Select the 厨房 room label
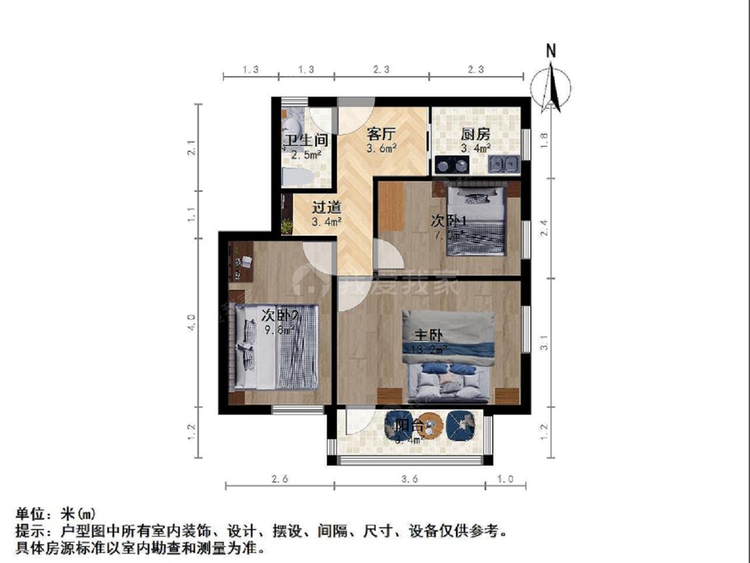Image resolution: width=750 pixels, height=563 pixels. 476,133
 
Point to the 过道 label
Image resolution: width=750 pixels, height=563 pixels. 327,207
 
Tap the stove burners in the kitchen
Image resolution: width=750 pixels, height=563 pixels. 452,163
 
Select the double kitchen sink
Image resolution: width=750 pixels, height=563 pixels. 503,163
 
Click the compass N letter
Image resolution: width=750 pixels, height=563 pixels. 551,51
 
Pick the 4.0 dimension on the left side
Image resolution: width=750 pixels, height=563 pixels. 192,323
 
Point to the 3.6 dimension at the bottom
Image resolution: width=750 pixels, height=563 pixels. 410,478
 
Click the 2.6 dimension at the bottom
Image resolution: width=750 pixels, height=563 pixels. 280,478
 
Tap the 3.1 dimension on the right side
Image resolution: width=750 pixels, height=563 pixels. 545,344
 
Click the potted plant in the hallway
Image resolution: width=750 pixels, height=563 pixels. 287,227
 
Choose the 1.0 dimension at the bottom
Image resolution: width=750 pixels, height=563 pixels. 506,478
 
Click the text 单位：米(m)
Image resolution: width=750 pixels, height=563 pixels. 56,514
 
